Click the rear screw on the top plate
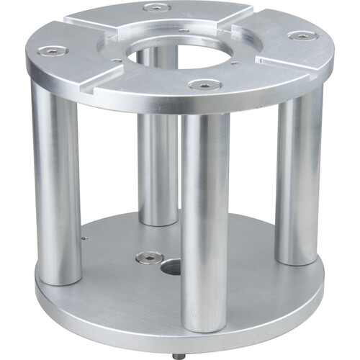(x=157, y=7)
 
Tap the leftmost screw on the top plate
(x=52, y=50)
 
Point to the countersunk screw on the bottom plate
(x=149, y=256)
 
